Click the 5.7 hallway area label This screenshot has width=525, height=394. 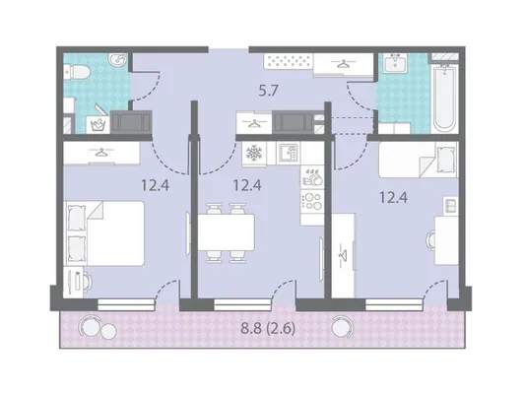tap(269, 91)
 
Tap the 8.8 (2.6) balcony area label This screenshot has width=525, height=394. tap(268, 329)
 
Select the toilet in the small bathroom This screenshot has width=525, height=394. tap(77, 72)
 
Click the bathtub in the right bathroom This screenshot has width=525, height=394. tap(444, 98)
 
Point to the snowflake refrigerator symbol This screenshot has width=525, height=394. tap(254, 154)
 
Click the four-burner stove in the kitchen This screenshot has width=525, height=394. tap(312, 201)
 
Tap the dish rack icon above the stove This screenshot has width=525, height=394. tap(312, 177)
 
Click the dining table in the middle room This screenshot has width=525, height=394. tap(226, 232)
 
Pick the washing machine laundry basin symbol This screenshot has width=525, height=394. tap(98, 125)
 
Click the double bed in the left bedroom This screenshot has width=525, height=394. tap(103, 233)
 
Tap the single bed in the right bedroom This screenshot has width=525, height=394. tap(419, 160)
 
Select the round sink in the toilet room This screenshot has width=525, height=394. tap(117, 60)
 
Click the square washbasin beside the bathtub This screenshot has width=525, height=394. tap(395, 63)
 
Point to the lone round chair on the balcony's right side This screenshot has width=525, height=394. tap(342, 327)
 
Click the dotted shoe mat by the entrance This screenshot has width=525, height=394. tap(289, 61)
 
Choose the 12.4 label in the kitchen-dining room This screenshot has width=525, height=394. tap(247, 185)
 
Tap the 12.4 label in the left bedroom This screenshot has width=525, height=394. tap(155, 185)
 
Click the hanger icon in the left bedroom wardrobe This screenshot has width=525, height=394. tap(99, 153)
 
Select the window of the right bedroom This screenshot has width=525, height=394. tap(394, 305)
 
